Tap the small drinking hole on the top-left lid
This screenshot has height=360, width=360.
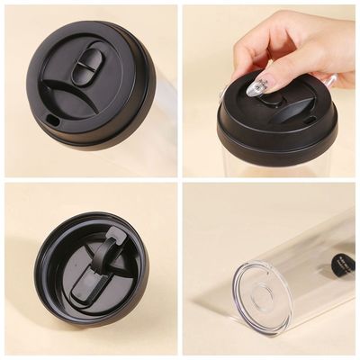point(50,116)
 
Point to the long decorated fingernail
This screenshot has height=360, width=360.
point(256,85)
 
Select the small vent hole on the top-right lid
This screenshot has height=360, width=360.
point(310,120)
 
